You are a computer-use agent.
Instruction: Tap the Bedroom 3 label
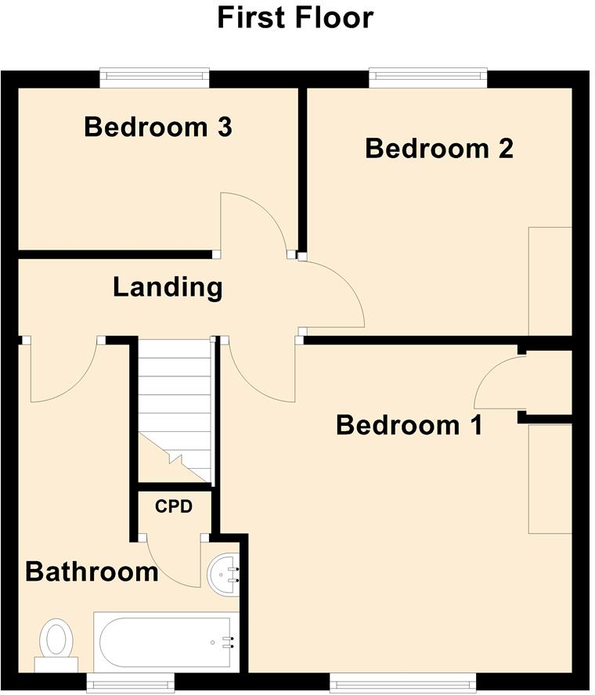(157, 127)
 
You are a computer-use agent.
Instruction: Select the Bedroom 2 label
(439, 149)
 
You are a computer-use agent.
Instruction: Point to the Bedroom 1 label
(409, 426)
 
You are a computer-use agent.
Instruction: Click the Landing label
(168, 287)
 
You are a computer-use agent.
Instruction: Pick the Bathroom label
(92, 572)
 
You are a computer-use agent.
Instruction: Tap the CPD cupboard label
(173, 506)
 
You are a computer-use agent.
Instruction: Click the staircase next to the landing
(175, 407)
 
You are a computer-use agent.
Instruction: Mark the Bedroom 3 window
(155, 77)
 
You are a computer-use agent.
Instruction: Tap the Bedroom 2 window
(428, 77)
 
